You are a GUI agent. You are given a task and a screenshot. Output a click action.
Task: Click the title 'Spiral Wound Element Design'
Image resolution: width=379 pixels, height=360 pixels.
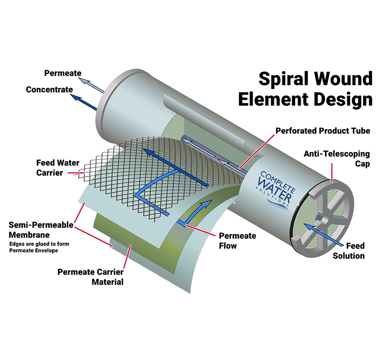(305, 89)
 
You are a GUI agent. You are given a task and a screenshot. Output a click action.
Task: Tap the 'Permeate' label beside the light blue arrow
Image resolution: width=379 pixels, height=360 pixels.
(63, 73)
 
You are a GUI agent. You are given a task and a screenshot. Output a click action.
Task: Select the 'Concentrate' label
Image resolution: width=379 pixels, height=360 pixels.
(50, 89)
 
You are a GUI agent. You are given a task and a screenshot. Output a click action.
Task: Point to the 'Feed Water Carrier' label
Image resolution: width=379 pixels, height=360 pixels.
(58, 167)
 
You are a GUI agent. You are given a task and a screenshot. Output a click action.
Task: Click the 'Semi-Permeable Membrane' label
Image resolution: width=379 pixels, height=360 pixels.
(41, 230)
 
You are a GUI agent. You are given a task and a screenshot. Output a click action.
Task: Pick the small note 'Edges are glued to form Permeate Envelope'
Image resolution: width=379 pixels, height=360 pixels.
(39, 247)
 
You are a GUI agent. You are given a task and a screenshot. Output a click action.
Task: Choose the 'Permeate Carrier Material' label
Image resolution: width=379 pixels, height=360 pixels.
(90, 277)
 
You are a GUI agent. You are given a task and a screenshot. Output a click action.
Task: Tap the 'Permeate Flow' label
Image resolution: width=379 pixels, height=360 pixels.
(238, 241)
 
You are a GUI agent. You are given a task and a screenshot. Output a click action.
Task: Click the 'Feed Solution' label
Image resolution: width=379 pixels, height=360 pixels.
(349, 251)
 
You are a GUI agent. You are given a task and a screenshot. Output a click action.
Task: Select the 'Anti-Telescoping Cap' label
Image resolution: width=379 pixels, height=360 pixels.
(337, 159)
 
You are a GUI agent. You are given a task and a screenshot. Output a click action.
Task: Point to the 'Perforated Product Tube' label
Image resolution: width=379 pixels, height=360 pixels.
(323, 131)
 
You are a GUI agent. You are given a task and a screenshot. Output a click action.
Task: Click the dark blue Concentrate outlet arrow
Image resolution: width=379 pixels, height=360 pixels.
(84, 102)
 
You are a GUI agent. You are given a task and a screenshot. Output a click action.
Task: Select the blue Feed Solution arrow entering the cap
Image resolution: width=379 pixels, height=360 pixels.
(323, 235)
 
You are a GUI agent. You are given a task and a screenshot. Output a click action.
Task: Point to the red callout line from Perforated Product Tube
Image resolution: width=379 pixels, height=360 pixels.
(257, 151)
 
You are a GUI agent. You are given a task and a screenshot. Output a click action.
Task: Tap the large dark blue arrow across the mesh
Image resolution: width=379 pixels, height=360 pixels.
(176, 168)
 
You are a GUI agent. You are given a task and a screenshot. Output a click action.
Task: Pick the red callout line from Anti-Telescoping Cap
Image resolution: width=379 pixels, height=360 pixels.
(332, 172)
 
